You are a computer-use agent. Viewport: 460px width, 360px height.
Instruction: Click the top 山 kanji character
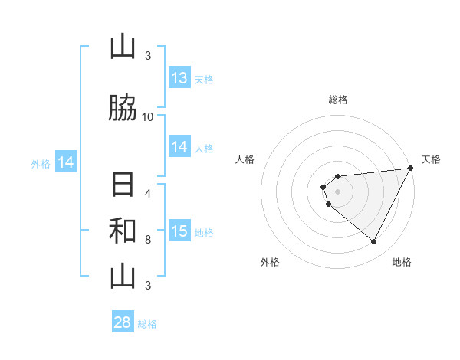123,47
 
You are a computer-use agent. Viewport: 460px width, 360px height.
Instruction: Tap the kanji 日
123,186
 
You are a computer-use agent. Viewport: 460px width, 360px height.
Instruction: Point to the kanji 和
123,231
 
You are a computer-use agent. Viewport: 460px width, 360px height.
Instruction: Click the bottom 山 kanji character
123,277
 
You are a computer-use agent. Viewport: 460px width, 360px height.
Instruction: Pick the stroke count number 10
148,117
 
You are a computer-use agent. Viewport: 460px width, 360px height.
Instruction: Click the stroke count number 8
148,239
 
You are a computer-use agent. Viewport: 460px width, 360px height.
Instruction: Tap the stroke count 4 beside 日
148,193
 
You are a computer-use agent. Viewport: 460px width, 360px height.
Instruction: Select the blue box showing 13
179,78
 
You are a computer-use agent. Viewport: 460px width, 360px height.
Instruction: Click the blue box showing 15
179,231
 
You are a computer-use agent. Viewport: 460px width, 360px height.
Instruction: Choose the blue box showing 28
123,322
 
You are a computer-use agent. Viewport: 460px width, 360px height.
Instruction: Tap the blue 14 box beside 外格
65,162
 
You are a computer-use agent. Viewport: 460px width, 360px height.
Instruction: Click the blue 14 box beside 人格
179,147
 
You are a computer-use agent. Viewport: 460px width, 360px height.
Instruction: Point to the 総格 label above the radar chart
337,100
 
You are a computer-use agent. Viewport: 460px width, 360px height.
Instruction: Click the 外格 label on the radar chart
270,263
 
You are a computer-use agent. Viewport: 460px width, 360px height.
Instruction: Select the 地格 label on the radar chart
402,263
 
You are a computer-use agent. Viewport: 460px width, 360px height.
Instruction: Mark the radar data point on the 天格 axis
410,169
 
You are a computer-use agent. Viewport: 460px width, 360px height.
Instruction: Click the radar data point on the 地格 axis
373,242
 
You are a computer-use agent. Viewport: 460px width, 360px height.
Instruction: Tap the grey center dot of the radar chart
337,191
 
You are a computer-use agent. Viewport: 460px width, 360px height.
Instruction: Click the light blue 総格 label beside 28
148,324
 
